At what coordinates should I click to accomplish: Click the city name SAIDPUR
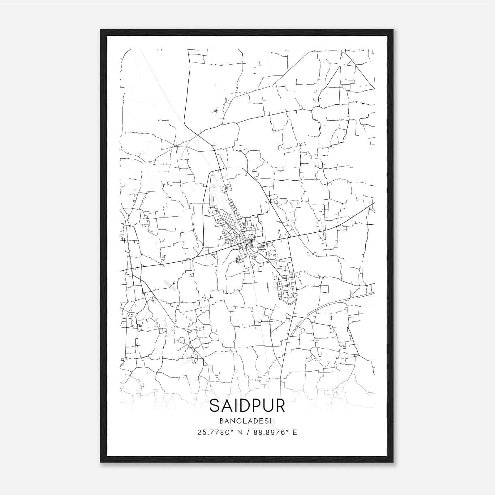click(247, 406)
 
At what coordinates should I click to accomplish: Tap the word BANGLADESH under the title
click(247, 421)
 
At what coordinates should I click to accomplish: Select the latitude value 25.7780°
click(216, 433)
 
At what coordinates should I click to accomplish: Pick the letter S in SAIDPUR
click(214, 406)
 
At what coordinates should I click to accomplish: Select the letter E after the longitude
click(295, 433)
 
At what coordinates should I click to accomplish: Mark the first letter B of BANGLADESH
click(221, 421)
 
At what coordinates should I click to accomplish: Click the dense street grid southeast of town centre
click(286, 286)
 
